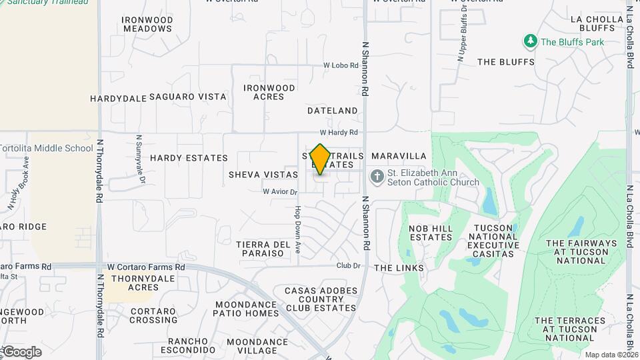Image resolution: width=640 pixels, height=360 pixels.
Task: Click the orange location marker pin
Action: [321, 159]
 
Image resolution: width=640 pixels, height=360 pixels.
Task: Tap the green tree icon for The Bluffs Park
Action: [531, 42]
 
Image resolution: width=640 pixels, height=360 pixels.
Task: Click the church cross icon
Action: [377, 177]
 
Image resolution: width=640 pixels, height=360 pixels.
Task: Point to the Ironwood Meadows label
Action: [147, 24]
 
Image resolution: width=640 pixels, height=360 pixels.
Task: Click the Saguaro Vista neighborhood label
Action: [188, 97]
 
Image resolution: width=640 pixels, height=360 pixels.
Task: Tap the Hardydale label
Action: [118, 98]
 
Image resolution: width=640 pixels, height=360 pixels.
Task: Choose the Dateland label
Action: [333, 110]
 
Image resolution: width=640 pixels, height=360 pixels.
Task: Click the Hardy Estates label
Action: [189, 158]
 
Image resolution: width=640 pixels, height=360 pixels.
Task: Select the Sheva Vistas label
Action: [263, 174]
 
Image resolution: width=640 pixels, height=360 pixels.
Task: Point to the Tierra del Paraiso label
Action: [263, 249]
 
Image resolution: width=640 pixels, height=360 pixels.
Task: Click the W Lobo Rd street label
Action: [341, 65]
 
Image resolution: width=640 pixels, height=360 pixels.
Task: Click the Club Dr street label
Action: [348, 265]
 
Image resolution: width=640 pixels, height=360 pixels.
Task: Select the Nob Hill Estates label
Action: [431, 233]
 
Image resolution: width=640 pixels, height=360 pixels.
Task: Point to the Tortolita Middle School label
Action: [47, 148]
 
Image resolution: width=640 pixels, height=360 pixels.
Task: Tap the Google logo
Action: [21, 351]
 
